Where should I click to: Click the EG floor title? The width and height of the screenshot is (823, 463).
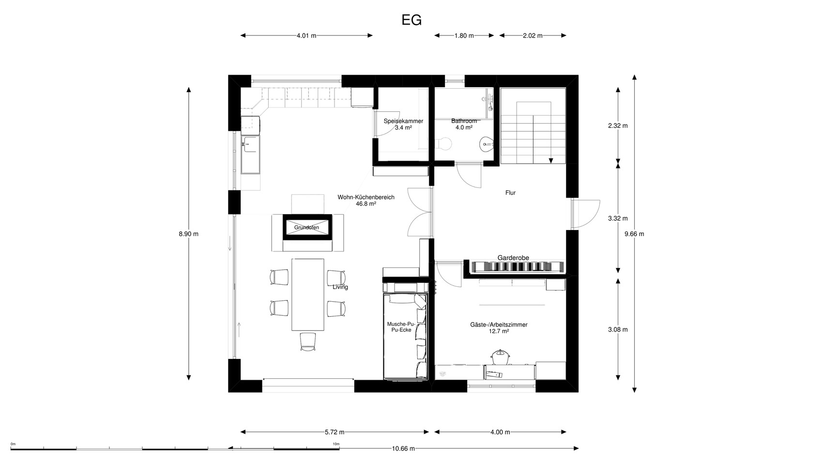pos(411,20)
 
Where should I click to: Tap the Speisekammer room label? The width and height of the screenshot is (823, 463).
pos(403,121)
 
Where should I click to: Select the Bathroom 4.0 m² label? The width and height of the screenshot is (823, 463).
pos(464,124)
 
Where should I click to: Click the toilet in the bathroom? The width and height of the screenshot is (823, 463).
pos(443,144)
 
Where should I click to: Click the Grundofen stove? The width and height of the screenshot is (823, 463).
pos(307,227)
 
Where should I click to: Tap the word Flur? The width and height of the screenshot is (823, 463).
pos(510,193)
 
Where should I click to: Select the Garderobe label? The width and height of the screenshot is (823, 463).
pos(513,258)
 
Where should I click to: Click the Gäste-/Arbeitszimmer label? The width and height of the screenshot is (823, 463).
pos(499,324)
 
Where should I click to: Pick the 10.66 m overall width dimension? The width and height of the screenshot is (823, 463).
pos(403,448)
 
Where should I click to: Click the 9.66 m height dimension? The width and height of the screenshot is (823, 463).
pos(634,234)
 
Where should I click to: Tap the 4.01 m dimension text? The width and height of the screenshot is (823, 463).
pos(306,36)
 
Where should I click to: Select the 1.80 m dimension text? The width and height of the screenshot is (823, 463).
pos(464,36)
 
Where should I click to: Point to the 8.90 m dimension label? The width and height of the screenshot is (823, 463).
pos(188,234)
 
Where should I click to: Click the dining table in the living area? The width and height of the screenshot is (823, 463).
pos(308,295)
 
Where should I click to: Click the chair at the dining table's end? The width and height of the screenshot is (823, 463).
pos(308,342)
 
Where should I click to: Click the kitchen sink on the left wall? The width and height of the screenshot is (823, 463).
pos(250,154)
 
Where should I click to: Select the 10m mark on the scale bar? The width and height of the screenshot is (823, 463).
pos(336,444)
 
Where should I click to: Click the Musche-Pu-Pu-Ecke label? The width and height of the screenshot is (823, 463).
pos(401,327)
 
